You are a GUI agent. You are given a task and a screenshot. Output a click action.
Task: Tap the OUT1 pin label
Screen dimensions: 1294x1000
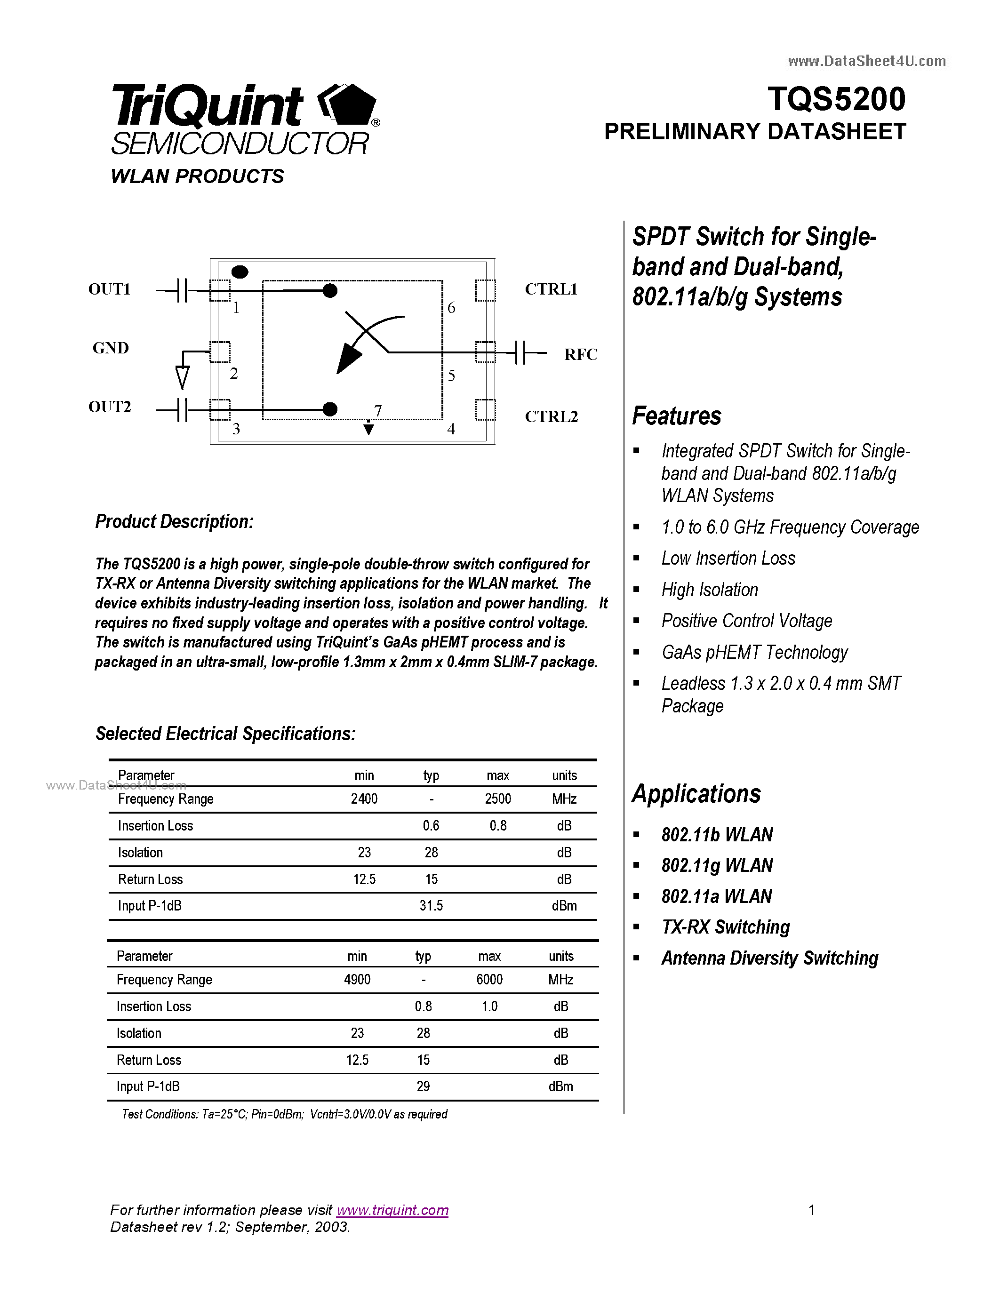click(x=109, y=289)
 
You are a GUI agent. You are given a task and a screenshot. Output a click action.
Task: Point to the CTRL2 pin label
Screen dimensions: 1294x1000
click(x=551, y=416)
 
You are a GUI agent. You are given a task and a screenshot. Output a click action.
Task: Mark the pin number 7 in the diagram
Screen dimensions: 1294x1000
click(x=377, y=410)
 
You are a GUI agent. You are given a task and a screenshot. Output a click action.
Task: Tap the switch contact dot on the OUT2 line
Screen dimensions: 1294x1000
click(x=330, y=409)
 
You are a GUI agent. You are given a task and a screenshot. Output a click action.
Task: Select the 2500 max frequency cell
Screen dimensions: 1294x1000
click(x=497, y=799)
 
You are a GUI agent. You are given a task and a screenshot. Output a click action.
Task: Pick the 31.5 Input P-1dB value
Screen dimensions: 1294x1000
click(x=431, y=905)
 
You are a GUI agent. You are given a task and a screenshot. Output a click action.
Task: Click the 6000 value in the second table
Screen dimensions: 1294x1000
click(x=489, y=979)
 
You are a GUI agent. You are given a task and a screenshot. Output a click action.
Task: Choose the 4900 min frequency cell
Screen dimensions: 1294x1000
click(x=357, y=979)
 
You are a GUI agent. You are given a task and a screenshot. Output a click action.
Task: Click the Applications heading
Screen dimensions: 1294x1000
click(x=696, y=794)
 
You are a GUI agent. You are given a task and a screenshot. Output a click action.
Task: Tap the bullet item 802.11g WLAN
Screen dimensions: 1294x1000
click(x=717, y=865)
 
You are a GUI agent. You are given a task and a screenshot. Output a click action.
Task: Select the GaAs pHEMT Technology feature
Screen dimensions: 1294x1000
click(x=754, y=652)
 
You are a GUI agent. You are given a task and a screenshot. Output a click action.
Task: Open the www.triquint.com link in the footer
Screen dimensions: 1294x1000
click(x=392, y=1210)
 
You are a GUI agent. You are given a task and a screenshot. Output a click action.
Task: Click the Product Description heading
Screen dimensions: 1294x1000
click(x=174, y=521)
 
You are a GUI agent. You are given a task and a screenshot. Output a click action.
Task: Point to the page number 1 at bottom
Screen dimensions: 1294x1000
click(x=812, y=1210)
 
